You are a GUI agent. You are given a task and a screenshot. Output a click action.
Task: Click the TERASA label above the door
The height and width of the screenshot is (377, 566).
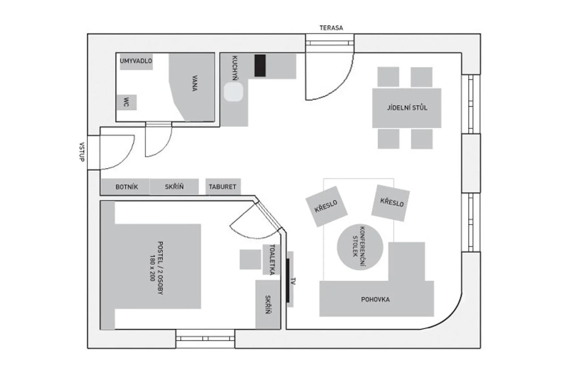331,28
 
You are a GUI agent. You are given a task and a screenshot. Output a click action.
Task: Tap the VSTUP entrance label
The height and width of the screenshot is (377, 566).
82,152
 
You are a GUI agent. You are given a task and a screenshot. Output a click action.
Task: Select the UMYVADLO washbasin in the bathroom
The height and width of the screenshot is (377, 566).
136,61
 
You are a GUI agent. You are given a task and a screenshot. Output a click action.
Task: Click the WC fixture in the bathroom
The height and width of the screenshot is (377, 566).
127,102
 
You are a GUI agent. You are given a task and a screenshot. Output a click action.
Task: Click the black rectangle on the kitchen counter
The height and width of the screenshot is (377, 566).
260,66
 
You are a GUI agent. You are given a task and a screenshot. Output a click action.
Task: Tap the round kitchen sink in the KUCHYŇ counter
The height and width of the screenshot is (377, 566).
233,92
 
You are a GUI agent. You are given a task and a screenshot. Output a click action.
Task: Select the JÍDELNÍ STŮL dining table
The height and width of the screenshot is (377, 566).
407,108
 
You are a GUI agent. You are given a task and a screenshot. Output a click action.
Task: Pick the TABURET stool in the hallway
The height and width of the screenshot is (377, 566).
223,187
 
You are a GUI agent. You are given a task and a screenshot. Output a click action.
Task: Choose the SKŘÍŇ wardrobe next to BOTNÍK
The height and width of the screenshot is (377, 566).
174,187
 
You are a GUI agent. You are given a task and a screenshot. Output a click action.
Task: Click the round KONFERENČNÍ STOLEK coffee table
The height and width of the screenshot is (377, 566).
360,247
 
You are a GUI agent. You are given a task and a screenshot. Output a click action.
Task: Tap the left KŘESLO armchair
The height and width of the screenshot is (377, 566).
326,206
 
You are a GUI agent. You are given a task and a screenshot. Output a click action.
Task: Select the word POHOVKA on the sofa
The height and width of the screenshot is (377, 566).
375,299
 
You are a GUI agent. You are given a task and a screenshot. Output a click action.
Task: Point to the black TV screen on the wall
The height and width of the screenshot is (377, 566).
288,280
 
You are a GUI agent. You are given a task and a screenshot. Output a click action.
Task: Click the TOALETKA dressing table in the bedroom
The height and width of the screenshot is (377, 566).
271,260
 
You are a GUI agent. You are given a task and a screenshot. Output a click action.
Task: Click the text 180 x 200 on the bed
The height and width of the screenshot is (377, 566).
152,268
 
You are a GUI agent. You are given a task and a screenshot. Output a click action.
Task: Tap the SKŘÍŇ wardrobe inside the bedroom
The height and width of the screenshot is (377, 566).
268,305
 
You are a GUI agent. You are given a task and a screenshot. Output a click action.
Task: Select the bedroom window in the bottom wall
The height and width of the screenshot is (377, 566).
205,339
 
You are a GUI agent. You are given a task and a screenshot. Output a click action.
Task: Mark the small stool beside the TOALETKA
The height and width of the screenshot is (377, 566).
250,259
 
